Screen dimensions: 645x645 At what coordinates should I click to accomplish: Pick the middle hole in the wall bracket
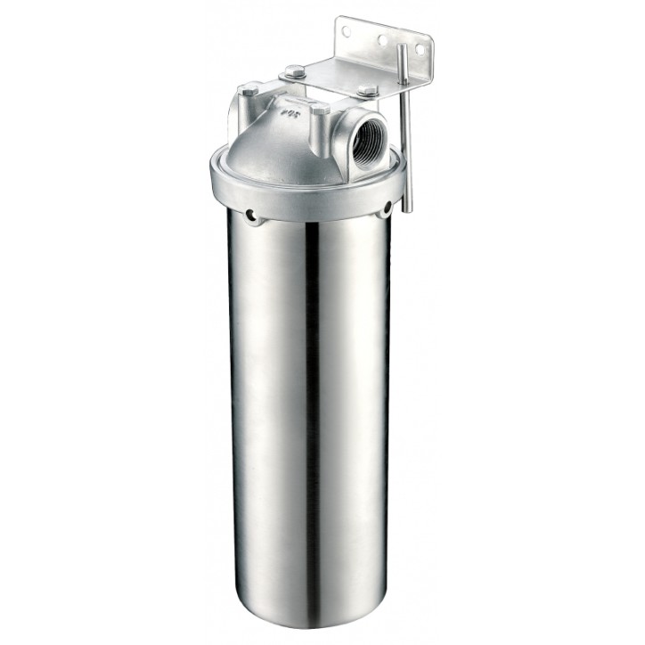(x=380, y=40)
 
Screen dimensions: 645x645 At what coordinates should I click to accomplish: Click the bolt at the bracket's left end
(x=295, y=71)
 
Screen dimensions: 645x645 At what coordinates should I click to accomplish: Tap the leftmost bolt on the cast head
(x=250, y=89)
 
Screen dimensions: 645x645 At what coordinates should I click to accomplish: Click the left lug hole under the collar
(x=253, y=214)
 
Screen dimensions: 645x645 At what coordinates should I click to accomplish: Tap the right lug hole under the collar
(x=386, y=210)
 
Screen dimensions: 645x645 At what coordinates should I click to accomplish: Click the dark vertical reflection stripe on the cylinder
(x=311, y=401)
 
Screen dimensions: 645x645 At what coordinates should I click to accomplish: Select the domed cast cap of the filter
(x=285, y=143)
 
